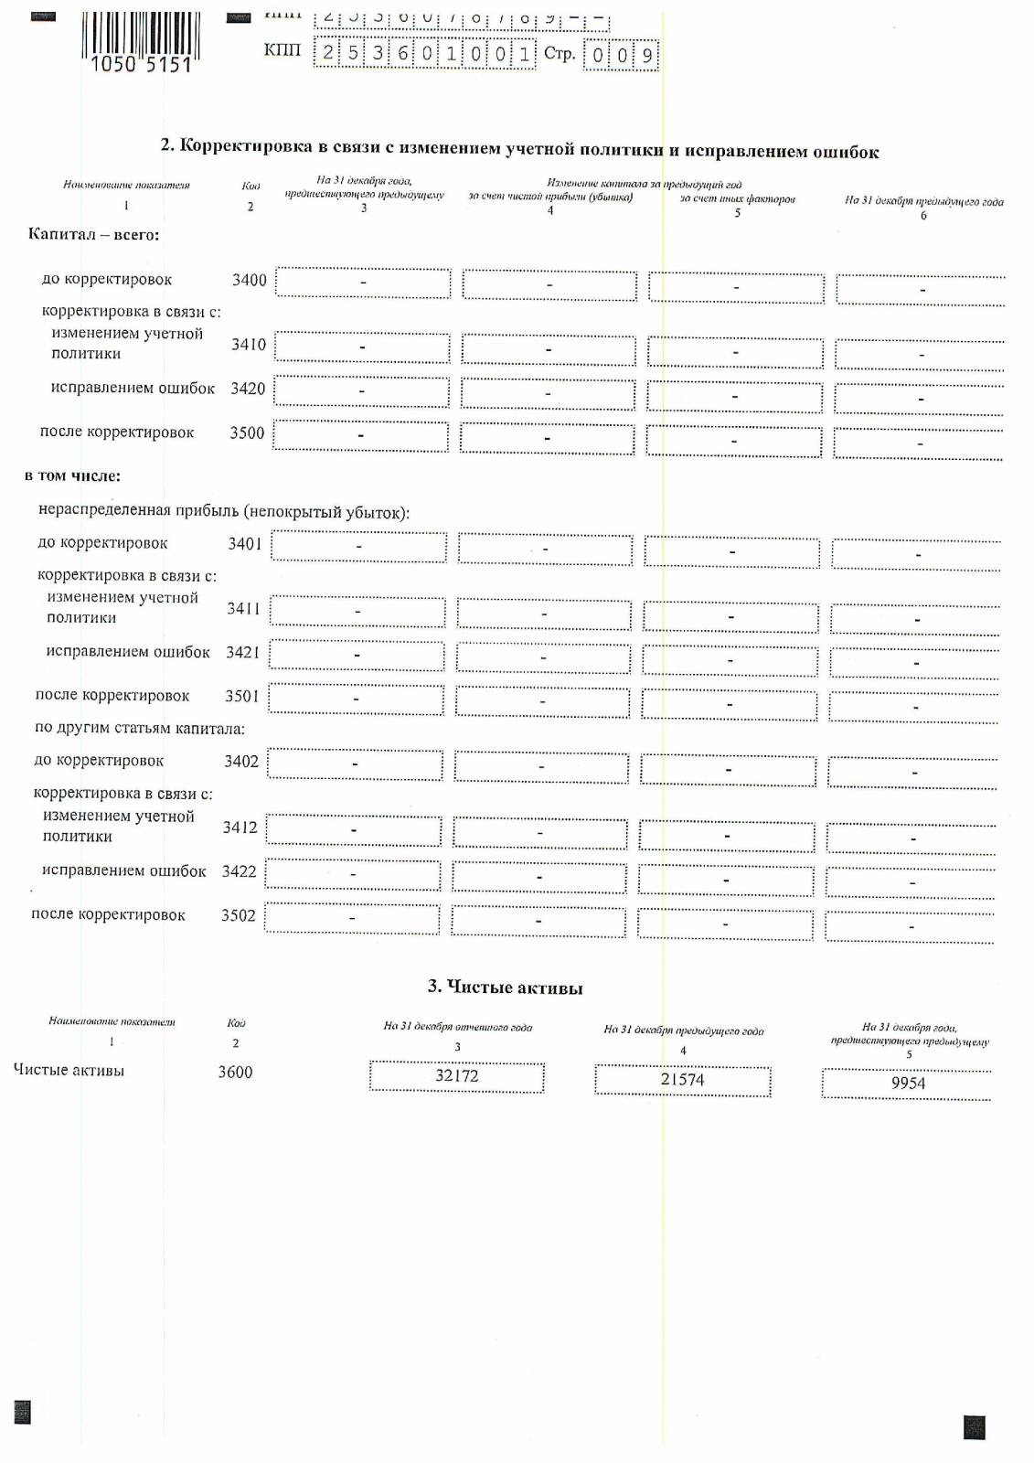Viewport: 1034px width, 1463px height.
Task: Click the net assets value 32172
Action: click(x=456, y=1076)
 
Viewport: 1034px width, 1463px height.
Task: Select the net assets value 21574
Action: click(x=682, y=1080)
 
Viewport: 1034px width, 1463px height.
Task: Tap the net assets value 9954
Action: click(x=907, y=1084)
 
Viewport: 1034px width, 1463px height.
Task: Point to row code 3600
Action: click(x=235, y=1072)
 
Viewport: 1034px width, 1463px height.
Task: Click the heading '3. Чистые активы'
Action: click(x=505, y=988)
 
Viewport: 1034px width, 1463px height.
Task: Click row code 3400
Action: click(x=249, y=280)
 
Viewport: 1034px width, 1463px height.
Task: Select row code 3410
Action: click(x=248, y=345)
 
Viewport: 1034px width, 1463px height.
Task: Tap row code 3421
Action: click(x=242, y=652)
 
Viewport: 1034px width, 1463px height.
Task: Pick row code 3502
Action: click(x=238, y=915)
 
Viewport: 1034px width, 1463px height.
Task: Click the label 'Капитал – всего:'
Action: click(x=93, y=235)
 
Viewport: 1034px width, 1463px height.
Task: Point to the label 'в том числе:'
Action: click(x=72, y=476)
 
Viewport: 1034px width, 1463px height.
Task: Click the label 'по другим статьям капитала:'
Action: click(x=139, y=729)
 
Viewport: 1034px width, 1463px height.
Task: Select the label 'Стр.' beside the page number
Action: click(x=559, y=54)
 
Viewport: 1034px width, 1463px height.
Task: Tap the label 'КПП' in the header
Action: click(x=282, y=50)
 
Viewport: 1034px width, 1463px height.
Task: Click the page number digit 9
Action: click(x=647, y=56)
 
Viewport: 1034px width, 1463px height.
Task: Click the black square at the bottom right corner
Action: click(x=974, y=1427)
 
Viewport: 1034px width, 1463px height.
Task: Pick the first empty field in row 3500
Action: click(x=360, y=436)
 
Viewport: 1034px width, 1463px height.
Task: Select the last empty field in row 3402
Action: click(x=913, y=773)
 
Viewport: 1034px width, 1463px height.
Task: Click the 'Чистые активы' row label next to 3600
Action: click(x=69, y=1071)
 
